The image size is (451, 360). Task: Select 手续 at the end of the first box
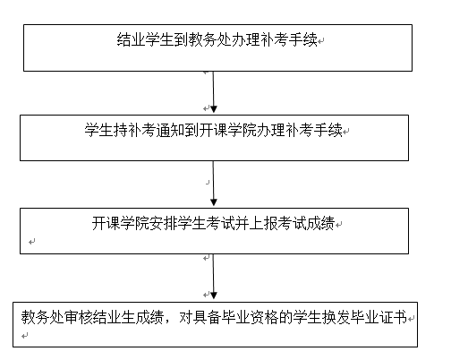(x=303, y=39)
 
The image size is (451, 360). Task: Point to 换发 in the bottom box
(x=336, y=317)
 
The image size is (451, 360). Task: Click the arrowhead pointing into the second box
(x=213, y=109)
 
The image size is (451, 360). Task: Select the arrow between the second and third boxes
(x=213, y=184)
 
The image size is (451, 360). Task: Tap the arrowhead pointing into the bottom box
(x=214, y=296)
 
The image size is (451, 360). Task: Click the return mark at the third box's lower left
(x=32, y=242)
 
